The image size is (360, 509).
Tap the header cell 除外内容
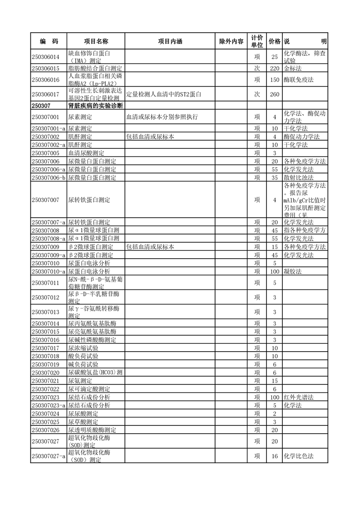[231, 41]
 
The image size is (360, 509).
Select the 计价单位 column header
[257, 41]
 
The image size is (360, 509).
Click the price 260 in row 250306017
[274, 95]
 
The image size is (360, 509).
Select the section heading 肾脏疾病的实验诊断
[96, 106]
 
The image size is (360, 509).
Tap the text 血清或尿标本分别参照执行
[162, 117]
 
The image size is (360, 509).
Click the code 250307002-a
[49, 145]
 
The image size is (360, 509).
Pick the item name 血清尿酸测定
[86, 153]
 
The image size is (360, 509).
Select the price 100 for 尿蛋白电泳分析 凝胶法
[274, 271]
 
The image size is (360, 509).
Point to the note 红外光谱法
[299, 397]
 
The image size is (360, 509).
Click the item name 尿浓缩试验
[83, 348]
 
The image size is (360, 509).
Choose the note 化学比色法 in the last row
[299, 456]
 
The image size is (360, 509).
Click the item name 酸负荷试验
[83, 356]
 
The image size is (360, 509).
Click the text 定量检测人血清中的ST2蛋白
[163, 95]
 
